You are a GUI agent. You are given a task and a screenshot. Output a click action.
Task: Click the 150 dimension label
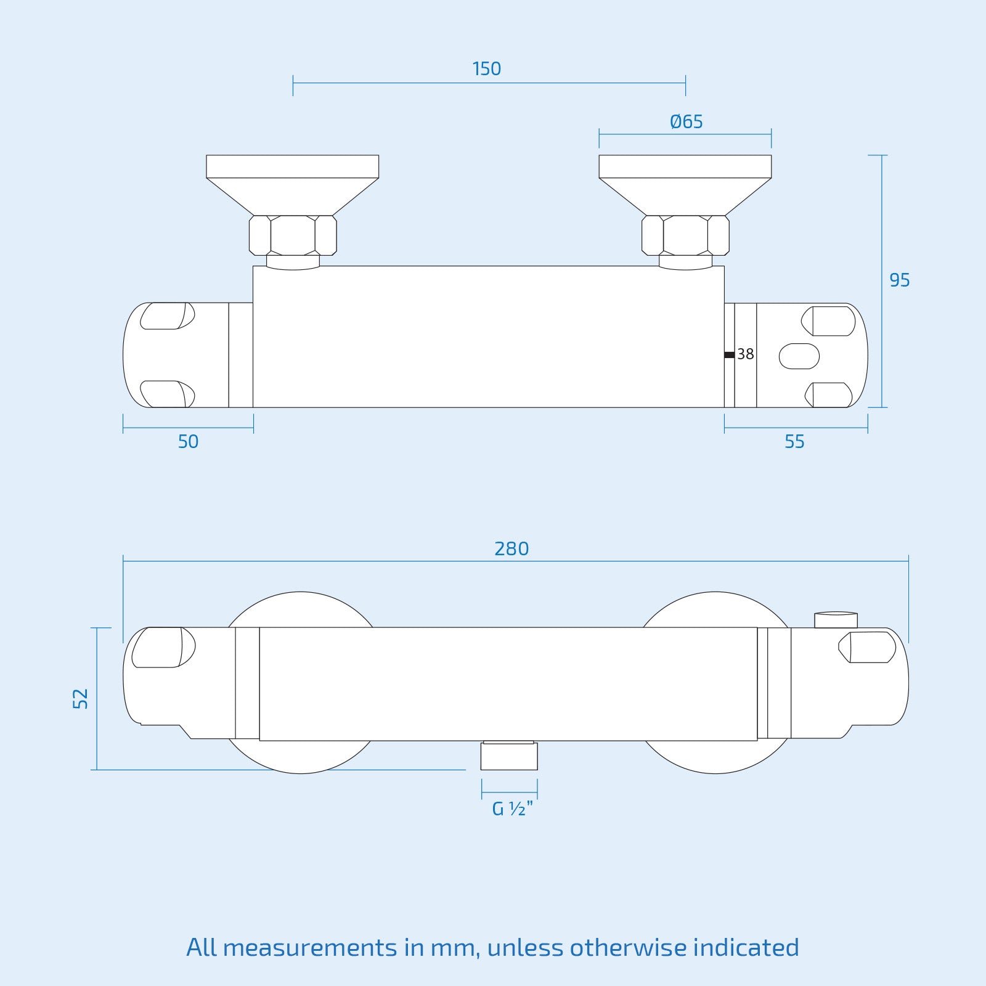click(x=487, y=68)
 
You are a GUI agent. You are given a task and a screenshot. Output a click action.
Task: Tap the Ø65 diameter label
click(x=687, y=121)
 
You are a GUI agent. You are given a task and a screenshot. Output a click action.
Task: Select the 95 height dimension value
click(x=900, y=280)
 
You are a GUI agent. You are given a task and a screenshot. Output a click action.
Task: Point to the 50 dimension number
click(x=188, y=442)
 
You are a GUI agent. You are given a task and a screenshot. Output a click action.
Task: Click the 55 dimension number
click(x=795, y=442)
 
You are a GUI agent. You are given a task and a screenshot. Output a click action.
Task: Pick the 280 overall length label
click(x=511, y=548)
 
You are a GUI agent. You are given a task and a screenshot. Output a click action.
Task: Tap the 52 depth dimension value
click(x=81, y=699)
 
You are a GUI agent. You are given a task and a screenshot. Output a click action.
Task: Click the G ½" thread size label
click(x=512, y=809)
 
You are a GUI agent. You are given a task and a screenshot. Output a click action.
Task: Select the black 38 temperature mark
click(x=730, y=354)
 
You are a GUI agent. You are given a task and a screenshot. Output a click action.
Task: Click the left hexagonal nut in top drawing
click(x=293, y=235)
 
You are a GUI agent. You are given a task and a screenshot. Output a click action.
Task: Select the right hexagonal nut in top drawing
click(x=685, y=235)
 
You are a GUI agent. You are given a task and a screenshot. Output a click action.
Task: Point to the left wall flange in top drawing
click(x=293, y=185)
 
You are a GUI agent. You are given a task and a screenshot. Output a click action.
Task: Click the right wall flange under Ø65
click(x=685, y=185)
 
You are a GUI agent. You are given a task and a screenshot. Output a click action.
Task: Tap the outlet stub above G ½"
click(x=509, y=756)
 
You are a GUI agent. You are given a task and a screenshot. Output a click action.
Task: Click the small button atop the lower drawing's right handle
click(x=836, y=620)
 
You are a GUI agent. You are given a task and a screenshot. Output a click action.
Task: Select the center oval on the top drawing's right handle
click(x=799, y=356)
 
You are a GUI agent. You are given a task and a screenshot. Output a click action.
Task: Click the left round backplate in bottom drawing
click(x=301, y=683)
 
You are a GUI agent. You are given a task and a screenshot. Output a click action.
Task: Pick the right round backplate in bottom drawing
click(x=715, y=683)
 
